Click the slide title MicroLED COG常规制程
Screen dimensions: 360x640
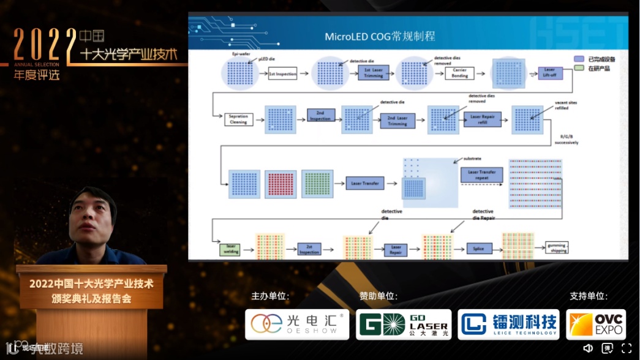(380, 36)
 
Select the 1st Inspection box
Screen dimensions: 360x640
(282, 74)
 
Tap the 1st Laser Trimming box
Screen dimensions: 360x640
(373, 73)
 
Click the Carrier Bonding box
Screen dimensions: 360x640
(459, 73)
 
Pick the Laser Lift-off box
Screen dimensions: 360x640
(549, 73)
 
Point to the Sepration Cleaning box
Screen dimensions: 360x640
(238, 119)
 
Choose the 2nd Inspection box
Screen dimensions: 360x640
(320, 116)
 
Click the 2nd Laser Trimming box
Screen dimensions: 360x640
(397, 121)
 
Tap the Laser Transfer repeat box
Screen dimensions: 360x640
(481, 175)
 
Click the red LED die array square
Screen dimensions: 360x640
(280, 184)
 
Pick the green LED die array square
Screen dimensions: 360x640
(317, 183)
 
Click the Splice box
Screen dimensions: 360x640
(479, 249)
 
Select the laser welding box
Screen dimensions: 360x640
(230, 249)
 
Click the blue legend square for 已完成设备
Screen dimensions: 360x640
(578, 59)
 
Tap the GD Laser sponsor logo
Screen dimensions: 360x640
(404, 324)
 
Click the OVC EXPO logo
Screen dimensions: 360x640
(596, 324)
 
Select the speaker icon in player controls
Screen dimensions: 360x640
(587, 348)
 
